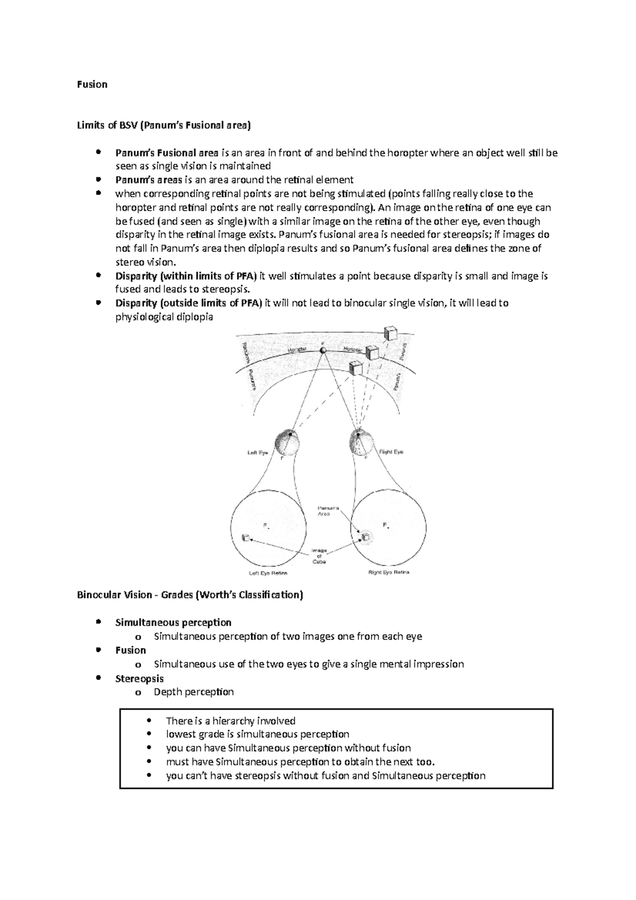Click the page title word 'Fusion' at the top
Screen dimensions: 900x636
(92, 84)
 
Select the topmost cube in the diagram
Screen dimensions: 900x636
(390, 333)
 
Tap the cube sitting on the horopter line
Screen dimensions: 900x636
(372, 352)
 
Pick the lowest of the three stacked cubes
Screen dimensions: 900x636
(356, 368)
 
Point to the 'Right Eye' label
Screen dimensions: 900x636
(391, 452)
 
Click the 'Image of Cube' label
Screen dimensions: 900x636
(319, 556)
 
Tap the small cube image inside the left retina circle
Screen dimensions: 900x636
(245, 538)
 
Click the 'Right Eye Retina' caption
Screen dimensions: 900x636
(388, 572)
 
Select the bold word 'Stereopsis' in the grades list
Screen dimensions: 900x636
(139, 678)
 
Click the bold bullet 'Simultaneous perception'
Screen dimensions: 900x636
(173, 622)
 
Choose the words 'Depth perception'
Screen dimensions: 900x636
(193, 692)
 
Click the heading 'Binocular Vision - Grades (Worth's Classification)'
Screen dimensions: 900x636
(190, 595)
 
